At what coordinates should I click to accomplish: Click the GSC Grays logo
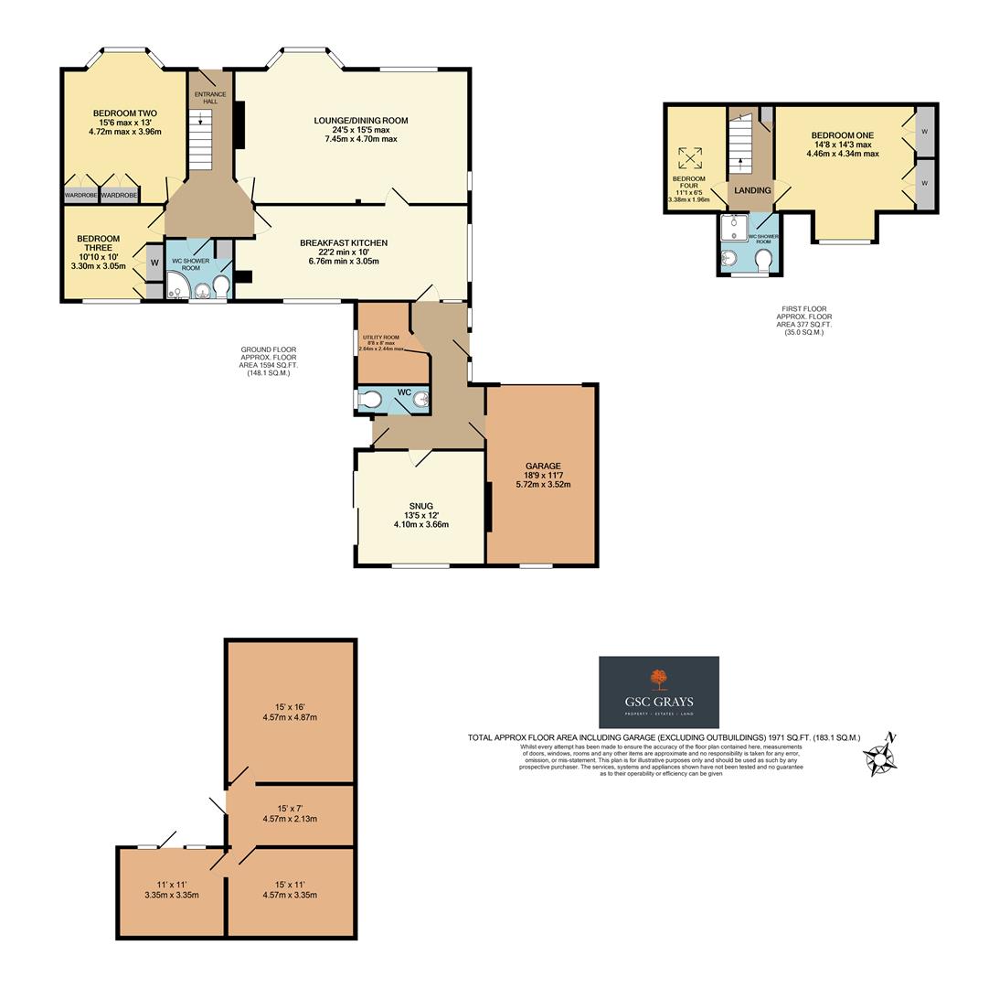point(658,693)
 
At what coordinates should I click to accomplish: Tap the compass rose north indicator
point(881,757)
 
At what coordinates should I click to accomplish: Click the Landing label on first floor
point(751,190)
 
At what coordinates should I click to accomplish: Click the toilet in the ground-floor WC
point(370,400)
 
